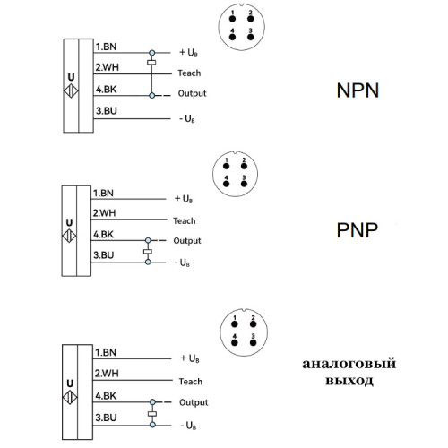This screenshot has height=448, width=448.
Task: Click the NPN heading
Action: [358, 90]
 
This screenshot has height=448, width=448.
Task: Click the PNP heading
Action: [358, 230]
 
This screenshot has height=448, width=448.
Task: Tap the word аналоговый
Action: [349, 364]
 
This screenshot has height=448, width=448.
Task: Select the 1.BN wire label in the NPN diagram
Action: [106, 47]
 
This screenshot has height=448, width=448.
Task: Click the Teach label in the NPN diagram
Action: [189, 73]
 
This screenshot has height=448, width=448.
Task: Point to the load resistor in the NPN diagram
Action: [151, 63]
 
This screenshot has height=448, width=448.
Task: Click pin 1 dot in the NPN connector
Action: [232, 19]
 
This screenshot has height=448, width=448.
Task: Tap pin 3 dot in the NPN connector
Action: [251, 37]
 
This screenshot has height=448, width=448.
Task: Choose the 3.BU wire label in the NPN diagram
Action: [107, 111]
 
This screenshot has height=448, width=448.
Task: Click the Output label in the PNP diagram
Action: [187, 241]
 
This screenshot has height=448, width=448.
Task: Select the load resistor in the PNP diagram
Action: [148, 252]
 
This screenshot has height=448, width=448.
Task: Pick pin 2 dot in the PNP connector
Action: [244, 166]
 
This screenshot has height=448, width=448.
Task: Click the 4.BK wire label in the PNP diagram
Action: [103, 235]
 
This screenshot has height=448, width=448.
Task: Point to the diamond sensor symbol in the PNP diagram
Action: [69, 236]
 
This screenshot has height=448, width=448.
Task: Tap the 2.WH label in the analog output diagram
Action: [107, 374]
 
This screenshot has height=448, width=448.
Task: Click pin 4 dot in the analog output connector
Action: [235, 342]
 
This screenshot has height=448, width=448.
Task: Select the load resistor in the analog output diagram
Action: [152, 414]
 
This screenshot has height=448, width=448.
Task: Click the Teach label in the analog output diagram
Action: [191, 382]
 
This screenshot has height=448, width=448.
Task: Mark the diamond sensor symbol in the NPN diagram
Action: [71, 90]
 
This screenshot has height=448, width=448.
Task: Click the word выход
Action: [349, 381]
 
